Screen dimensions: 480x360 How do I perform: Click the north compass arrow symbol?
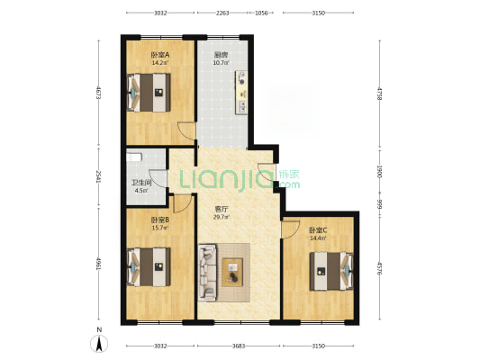[99, 343]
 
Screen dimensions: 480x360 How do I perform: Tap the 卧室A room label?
[160, 55]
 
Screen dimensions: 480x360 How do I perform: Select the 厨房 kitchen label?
[221, 55]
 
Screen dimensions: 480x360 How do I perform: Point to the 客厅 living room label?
[222, 210]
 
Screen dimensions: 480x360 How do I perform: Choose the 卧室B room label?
[160, 220]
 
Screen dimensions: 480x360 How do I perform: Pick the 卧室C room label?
[319, 230]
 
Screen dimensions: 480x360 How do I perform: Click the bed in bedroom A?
[149, 93]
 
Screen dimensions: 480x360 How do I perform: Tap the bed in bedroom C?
[331, 271]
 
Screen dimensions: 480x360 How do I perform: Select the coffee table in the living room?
[232, 272]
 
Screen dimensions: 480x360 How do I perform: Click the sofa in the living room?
[207, 272]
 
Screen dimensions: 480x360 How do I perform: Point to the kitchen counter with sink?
[241, 93]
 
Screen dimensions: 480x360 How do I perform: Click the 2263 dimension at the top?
[222, 13]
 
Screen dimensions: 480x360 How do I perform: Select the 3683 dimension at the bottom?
[239, 346]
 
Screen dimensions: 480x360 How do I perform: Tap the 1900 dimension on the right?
[380, 171]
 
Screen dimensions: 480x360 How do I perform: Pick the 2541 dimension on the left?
[98, 176]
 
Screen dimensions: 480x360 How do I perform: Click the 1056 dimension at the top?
[261, 13]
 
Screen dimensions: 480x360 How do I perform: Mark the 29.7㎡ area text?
[222, 217]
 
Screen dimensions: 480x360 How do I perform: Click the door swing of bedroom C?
[291, 229]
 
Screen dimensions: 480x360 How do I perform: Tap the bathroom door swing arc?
[158, 178]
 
